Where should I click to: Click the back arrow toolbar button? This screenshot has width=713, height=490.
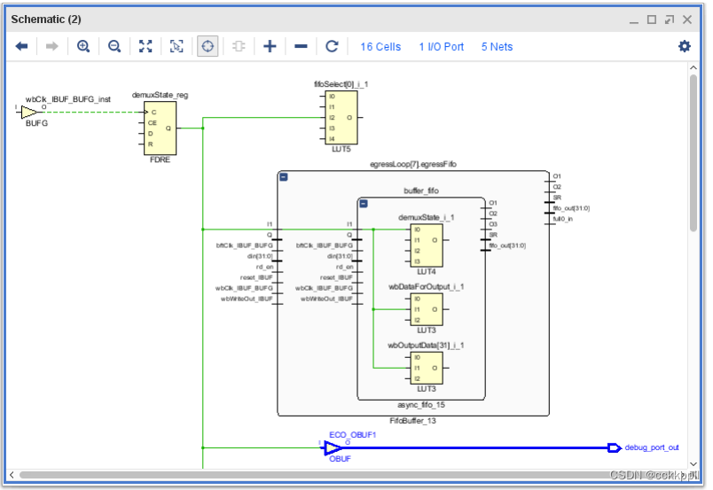coord(21,46)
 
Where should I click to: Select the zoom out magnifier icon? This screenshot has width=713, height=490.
coord(114,46)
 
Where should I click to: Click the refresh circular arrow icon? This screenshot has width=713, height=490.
coord(332,46)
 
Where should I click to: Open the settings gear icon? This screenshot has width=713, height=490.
coord(684,46)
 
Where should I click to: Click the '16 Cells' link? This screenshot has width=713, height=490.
coord(380,47)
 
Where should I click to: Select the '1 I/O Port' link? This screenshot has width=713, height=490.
coord(442,47)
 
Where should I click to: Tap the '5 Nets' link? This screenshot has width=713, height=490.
coord(498,47)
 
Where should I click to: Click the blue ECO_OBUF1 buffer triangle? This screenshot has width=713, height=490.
coord(333,448)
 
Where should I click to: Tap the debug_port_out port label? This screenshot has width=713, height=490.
coord(652,447)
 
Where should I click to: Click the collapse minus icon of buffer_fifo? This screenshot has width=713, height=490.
coord(364,203)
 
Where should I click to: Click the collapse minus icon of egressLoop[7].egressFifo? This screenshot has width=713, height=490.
coord(284,177)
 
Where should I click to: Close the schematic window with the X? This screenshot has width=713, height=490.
coord(689,19)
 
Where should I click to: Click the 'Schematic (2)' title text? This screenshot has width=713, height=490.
coord(46,19)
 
